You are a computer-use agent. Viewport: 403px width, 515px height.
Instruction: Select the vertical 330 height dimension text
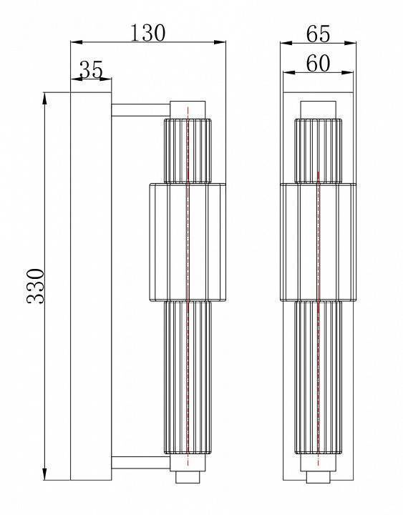pyautogui.click(x=37, y=285)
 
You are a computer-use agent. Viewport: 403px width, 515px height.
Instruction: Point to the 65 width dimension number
pyautogui.click(x=318, y=34)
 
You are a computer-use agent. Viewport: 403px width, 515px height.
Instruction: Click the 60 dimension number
pyautogui.click(x=318, y=64)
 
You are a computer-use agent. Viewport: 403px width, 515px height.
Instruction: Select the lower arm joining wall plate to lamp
pyautogui.click(x=140, y=463)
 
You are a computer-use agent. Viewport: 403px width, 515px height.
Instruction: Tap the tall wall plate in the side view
pyautogui.click(x=90, y=286)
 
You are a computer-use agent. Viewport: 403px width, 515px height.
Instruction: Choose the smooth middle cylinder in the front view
pyautogui.click(x=318, y=241)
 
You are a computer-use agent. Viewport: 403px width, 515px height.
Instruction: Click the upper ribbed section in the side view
pyautogui.click(x=188, y=150)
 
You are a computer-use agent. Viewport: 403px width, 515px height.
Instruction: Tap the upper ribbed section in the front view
pyautogui.click(x=318, y=150)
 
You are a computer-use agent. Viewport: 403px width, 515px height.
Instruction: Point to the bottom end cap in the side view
pyautogui.click(x=188, y=477)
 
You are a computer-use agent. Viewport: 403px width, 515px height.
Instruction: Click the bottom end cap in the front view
pyautogui.click(x=318, y=477)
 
